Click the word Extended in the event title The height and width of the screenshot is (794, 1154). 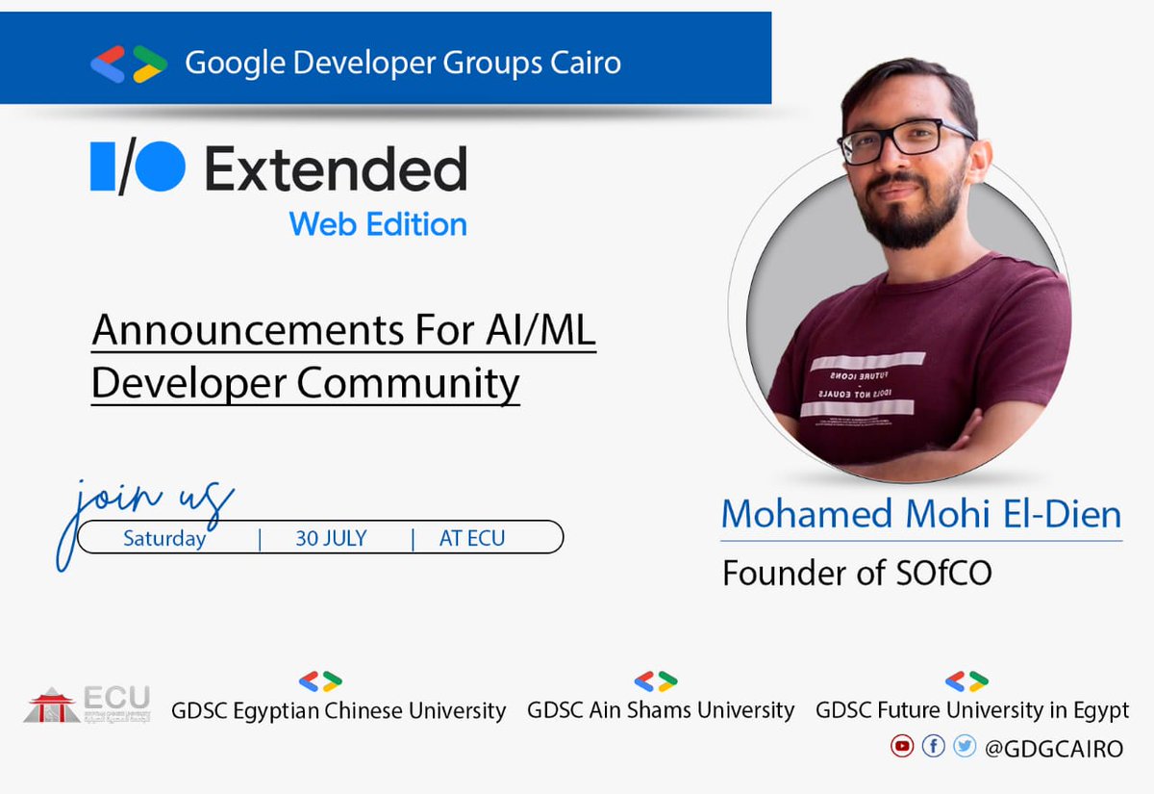pyautogui.click(x=336, y=170)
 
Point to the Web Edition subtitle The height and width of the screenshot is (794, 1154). pyautogui.click(x=378, y=224)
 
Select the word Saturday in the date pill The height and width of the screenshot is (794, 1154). pyautogui.click(x=164, y=538)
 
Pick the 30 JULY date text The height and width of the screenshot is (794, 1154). pyautogui.click(x=331, y=538)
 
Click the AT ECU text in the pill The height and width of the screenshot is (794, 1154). pyautogui.click(x=472, y=538)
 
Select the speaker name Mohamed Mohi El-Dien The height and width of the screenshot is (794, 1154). pyautogui.click(x=921, y=514)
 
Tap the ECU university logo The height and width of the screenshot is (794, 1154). pyautogui.click(x=87, y=704)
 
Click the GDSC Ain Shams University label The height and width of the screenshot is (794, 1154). pyautogui.click(x=661, y=710)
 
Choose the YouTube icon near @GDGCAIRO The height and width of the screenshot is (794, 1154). pyautogui.click(x=901, y=746)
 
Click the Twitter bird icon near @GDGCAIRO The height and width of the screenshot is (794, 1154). pyautogui.click(x=965, y=746)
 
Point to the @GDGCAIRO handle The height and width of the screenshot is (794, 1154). pyautogui.click(x=1054, y=748)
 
